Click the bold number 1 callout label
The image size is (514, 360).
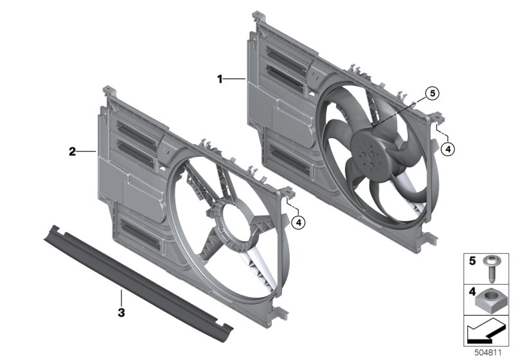pos(220,79)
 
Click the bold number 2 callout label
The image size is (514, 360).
pos(72,152)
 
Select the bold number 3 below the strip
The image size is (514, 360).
pos(121,312)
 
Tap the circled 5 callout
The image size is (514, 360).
pos(432,94)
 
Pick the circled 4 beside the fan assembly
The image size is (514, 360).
pos(448,150)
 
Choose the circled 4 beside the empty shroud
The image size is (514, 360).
pos(298,222)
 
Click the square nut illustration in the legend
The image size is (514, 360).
pos(488,302)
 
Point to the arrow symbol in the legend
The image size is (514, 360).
pos(486,331)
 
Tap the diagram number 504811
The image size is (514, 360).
pos(488,353)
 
